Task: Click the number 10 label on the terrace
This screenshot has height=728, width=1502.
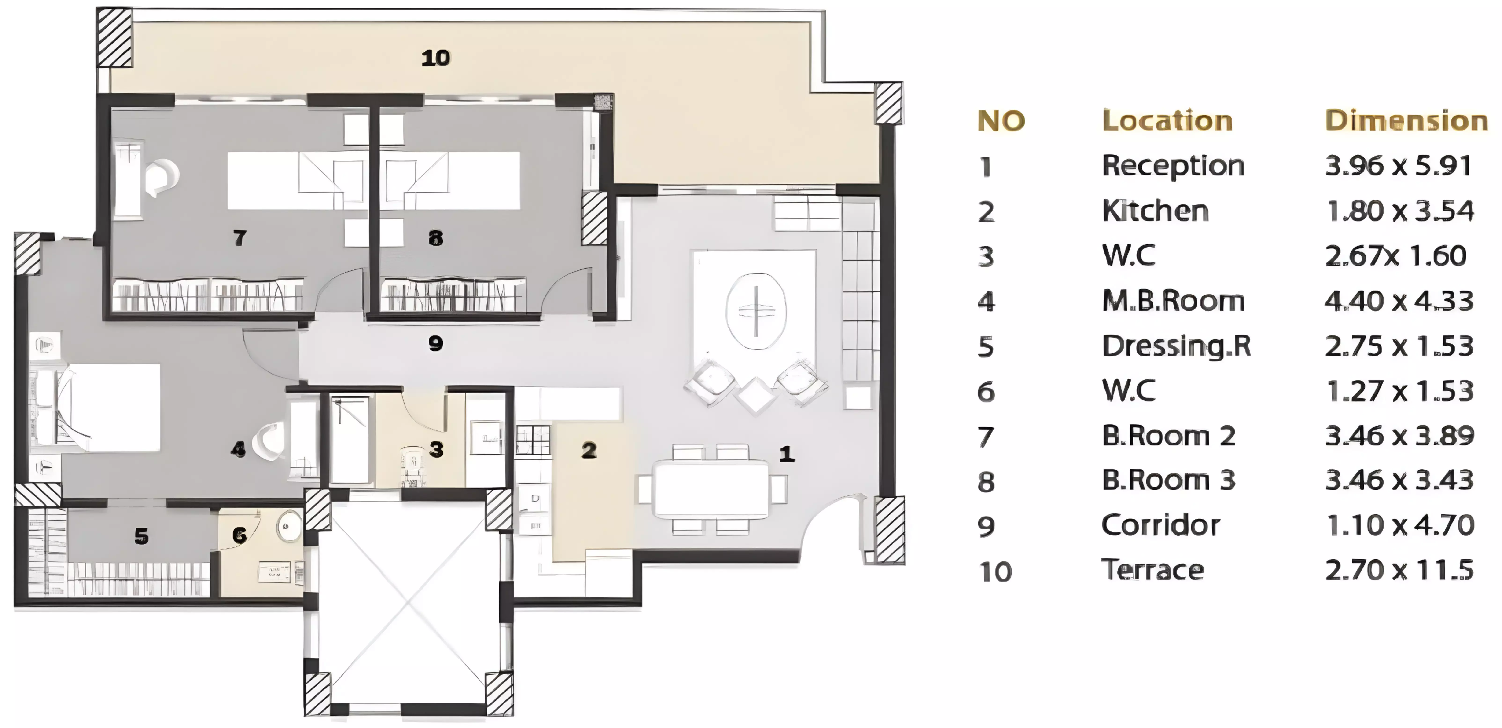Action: (x=436, y=58)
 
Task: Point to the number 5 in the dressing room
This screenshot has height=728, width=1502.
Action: (x=141, y=536)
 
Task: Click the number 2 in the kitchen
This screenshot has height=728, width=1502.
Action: (x=589, y=450)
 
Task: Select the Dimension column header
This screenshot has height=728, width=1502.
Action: (x=1406, y=121)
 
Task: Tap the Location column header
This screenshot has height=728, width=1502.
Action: (x=1167, y=121)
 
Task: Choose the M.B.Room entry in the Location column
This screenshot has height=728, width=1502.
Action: (x=1173, y=301)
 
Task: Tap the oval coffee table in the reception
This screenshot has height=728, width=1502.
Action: (x=756, y=311)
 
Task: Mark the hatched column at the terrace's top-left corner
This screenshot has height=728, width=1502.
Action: (x=114, y=37)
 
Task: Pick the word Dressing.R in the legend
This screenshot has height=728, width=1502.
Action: (x=1176, y=346)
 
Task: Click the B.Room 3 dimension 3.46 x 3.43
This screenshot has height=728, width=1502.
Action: (x=1399, y=480)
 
